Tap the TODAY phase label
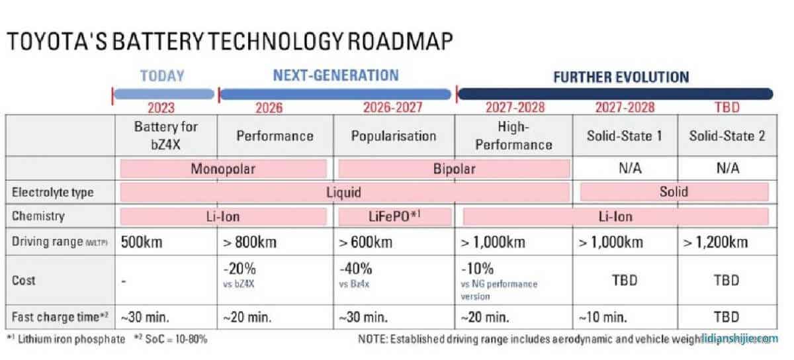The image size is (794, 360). tap(162, 75)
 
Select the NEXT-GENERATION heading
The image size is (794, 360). tap(336, 75)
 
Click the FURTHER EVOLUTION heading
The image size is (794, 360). tap(621, 77)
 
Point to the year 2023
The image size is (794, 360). tap(162, 107)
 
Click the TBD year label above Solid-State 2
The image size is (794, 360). tap(727, 107)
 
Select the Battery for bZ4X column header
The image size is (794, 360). tap(165, 135)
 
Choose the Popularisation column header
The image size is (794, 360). tap(393, 136)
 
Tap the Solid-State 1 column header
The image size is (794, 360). tap(624, 136)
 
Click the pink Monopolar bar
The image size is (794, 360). tap(223, 168)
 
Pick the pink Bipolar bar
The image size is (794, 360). tap(454, 168)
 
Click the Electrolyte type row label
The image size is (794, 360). tap(53, 193)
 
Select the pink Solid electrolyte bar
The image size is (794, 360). tap(674, 192)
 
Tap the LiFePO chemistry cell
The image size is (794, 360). tap(395, 216)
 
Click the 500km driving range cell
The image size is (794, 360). tap(142, 242)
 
